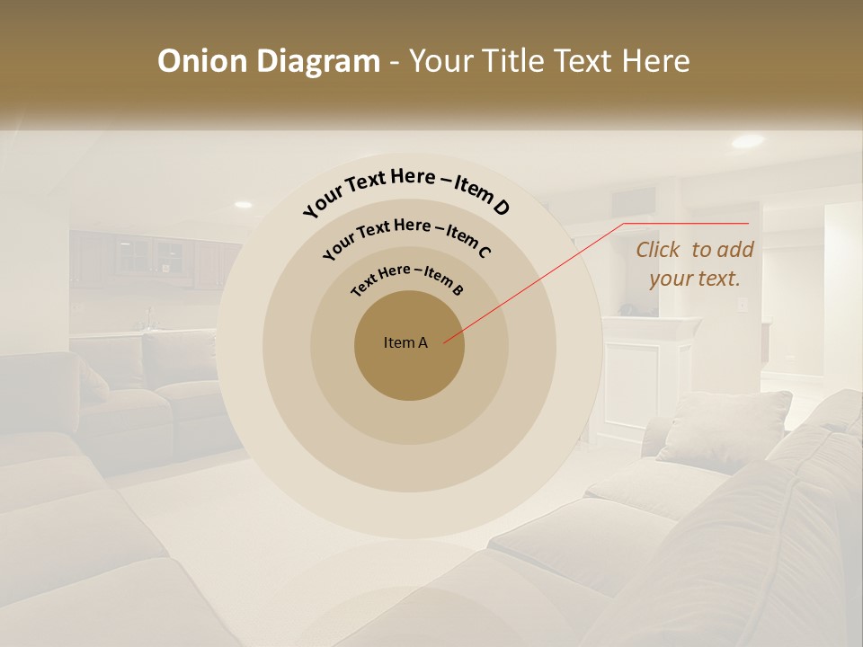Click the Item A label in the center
[405, 342]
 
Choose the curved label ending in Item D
[406, 191]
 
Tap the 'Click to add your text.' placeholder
[694, 264]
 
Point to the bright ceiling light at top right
[747, 141]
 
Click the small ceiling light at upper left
[243, 204]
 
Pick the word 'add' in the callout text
[736, 250]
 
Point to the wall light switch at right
[743, 305]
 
